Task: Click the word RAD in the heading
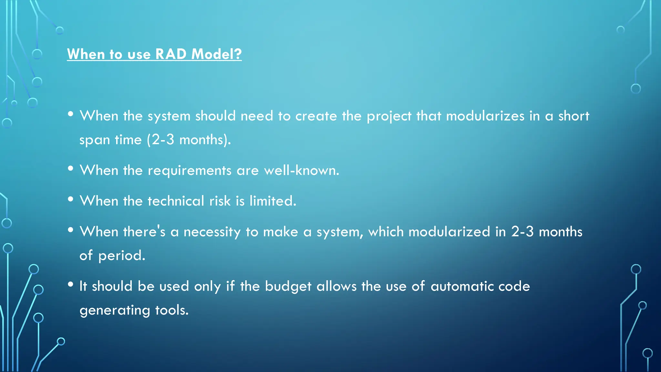(171, 54)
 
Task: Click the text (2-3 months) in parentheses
(189, 140)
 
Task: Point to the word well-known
(301, 170)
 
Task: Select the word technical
(176, 201)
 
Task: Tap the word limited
(273, 201)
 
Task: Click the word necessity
(212, 232)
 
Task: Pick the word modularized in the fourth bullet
(449, 232)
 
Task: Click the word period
(122, 256)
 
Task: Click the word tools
(172, 310)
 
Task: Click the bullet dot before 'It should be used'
(71, 284)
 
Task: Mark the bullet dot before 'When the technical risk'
(71, 199)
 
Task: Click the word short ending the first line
(574, 116)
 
